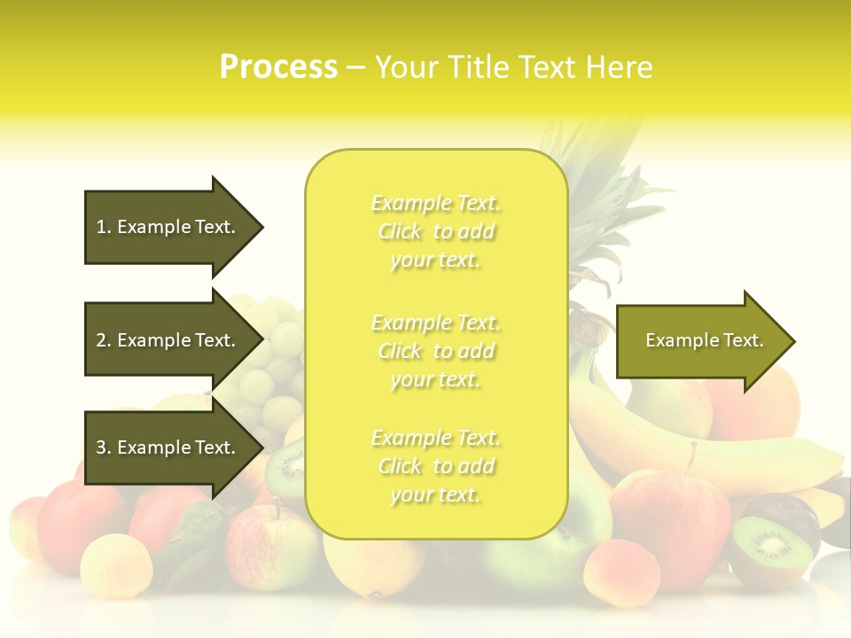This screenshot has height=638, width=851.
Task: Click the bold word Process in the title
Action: (x=278, y=67)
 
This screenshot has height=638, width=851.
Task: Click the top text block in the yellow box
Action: (x=435, y=231)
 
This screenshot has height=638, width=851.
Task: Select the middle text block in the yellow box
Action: (x=435, y=350)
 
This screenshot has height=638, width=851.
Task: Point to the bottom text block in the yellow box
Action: (x=435, y=466)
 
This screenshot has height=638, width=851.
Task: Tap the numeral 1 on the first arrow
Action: (x=101, y=227)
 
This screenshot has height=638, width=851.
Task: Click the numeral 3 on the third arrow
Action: (x=101, y=447)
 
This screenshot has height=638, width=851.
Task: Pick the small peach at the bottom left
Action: (x=116, y=562)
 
